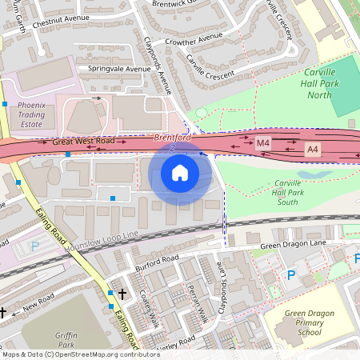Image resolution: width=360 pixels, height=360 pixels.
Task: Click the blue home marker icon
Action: point(180,172)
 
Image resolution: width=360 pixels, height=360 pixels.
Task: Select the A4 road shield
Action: point(312,149)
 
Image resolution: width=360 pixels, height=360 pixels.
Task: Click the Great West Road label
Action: point(84,142)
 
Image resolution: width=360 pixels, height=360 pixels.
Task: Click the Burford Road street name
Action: point(158,259)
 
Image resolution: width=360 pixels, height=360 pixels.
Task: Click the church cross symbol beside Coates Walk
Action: point(122,294)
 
